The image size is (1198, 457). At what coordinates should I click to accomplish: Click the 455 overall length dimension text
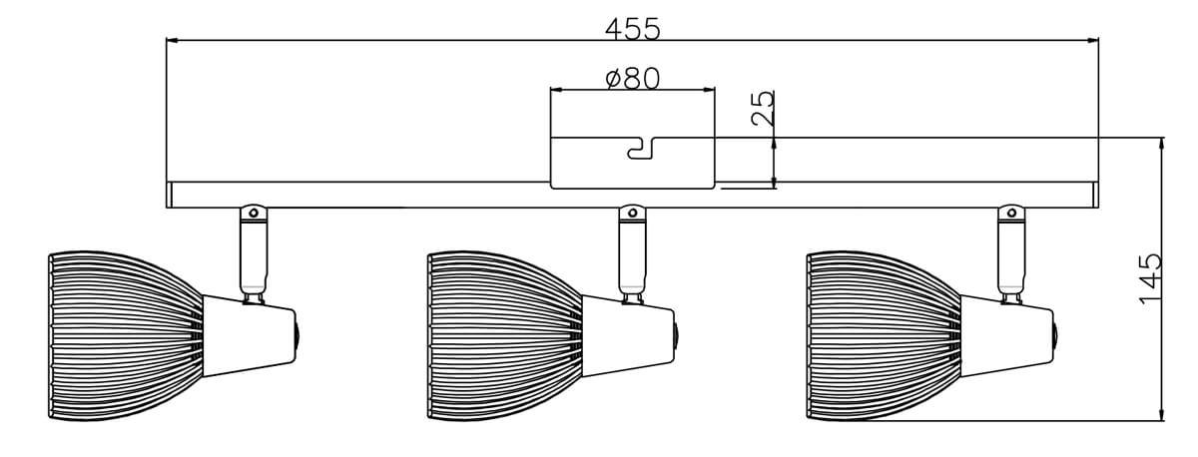point(633,29)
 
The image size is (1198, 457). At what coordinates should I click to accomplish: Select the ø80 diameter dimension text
point(633,79)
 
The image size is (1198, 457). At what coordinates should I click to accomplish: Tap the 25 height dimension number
point(763,108)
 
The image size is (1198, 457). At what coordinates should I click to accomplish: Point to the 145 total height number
point(1151,279)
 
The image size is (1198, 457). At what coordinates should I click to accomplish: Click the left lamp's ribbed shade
point(126,335)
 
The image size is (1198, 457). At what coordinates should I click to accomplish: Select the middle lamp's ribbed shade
point(505,335)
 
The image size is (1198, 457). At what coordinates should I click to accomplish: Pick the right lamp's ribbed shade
point(885,335)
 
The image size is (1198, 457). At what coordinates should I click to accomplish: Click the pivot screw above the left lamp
point(254,213)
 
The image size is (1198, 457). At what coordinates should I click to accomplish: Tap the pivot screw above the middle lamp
point(633,213)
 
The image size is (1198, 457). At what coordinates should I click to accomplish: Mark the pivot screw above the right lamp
point(1012,213)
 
